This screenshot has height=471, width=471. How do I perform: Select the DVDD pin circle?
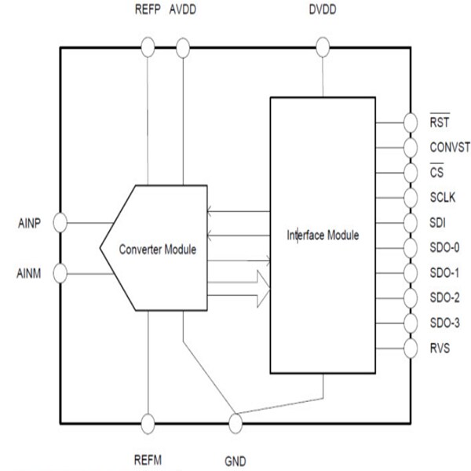click(x=322, y=49)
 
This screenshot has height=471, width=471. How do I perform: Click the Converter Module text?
click(x=157, y=249)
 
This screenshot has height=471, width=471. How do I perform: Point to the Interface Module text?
click(x=323, y=234)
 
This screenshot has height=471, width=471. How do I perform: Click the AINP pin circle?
click(x=60, y=224)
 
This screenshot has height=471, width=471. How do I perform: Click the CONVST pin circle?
click(x=410, y=148)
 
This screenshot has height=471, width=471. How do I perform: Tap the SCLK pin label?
click(x=442, y=197)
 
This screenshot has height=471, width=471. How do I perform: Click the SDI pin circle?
click(x=410, y=223)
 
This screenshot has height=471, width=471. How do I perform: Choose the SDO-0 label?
click(x=444, y=248)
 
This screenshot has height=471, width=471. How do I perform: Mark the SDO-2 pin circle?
click(x=410, y=298)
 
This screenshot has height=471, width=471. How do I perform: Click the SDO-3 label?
click(x=444, y=323)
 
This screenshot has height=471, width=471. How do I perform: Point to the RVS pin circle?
click(x=410, y=347)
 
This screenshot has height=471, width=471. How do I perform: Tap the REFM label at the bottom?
click(x=148, y=462)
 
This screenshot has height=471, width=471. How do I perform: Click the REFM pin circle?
click(x=148, y=423)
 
